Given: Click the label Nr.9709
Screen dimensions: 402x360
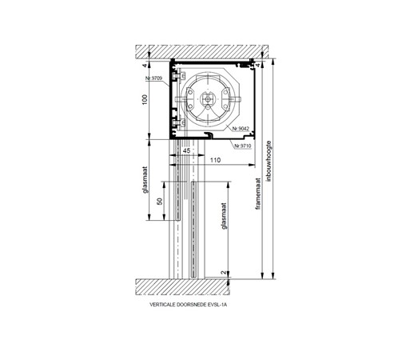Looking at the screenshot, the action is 153,78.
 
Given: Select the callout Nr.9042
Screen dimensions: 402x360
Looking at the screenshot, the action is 241,129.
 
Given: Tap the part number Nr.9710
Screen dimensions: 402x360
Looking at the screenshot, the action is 242,146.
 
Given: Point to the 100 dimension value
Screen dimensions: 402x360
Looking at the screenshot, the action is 145,99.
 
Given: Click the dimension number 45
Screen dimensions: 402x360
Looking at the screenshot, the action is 187,150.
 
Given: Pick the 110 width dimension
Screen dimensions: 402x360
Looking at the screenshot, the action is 215,160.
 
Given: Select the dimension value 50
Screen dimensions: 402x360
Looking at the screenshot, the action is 160,201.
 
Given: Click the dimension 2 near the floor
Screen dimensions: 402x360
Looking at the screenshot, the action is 225,273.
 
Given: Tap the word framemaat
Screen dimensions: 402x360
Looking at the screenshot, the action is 257,194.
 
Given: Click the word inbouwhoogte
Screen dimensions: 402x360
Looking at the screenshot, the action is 269,161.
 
